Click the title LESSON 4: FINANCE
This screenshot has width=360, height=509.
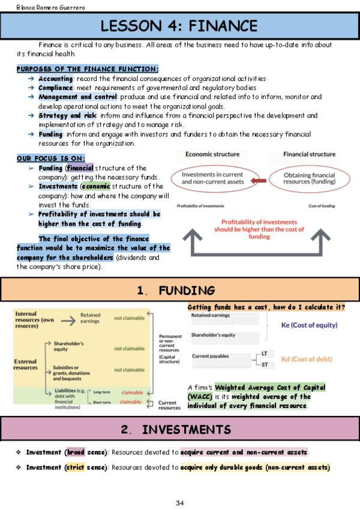179,26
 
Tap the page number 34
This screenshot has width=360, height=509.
179,502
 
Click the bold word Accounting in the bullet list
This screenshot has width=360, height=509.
55,79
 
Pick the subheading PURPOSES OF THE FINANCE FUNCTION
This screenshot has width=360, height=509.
87,69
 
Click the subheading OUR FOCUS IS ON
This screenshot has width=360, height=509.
50,158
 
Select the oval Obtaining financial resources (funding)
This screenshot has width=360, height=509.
309,178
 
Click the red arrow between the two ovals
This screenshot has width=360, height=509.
258,179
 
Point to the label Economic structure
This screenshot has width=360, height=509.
212,154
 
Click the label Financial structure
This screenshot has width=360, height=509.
310,154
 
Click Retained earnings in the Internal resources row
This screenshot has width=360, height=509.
90,318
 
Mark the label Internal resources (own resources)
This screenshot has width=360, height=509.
36,319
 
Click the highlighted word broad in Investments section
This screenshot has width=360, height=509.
76,451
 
